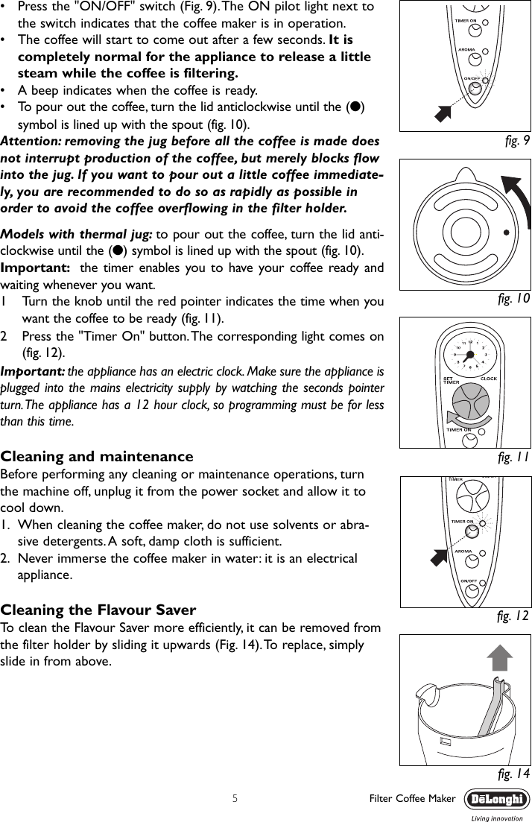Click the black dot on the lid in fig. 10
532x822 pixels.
point(506,232)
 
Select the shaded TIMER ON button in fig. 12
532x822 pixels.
point(471,532)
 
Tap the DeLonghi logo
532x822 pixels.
point(497,800)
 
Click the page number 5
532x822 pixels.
point(235,799)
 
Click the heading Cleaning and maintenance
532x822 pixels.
point(97,456)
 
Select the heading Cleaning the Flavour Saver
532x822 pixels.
point(98,610)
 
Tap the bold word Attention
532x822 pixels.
point(31,141)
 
